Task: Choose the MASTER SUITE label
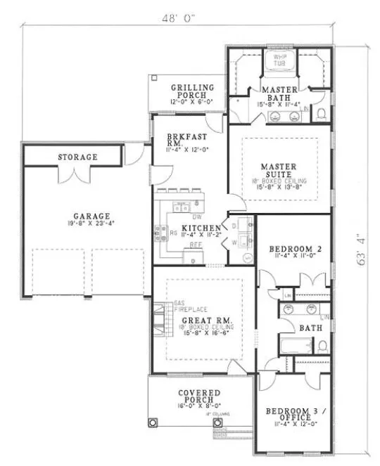click(279, 171)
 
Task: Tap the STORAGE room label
click(77, 157)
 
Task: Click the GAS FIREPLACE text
click(164, 306)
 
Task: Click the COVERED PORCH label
click(198, 397)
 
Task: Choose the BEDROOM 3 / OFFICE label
click(291, 416)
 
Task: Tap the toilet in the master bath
click(321, 113)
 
